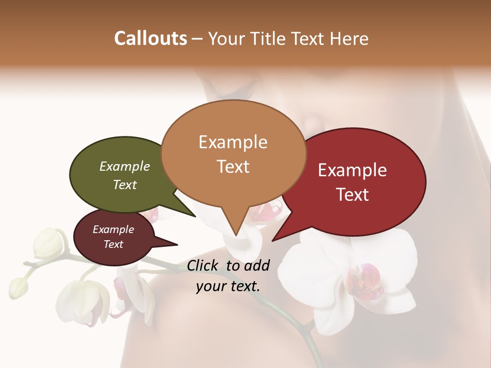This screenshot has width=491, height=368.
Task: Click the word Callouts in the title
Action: tap(150, 38)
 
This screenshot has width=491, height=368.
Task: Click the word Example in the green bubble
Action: tap(125, 166)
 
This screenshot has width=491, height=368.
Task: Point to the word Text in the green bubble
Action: tap(125, 185)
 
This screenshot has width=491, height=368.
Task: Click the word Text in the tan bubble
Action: tap(233, 166)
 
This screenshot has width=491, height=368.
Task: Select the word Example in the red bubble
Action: tap(352, 170)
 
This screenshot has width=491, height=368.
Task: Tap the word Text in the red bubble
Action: tap(352, 194)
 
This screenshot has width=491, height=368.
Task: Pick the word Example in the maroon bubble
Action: tap(114, 229)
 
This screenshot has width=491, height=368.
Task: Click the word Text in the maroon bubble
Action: tap(114, 244)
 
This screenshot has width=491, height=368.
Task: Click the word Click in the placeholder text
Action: tap(203, 265)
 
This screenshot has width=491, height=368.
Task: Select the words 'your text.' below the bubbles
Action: tap(228, 286)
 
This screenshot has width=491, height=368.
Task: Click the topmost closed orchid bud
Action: tap(48, 243)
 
